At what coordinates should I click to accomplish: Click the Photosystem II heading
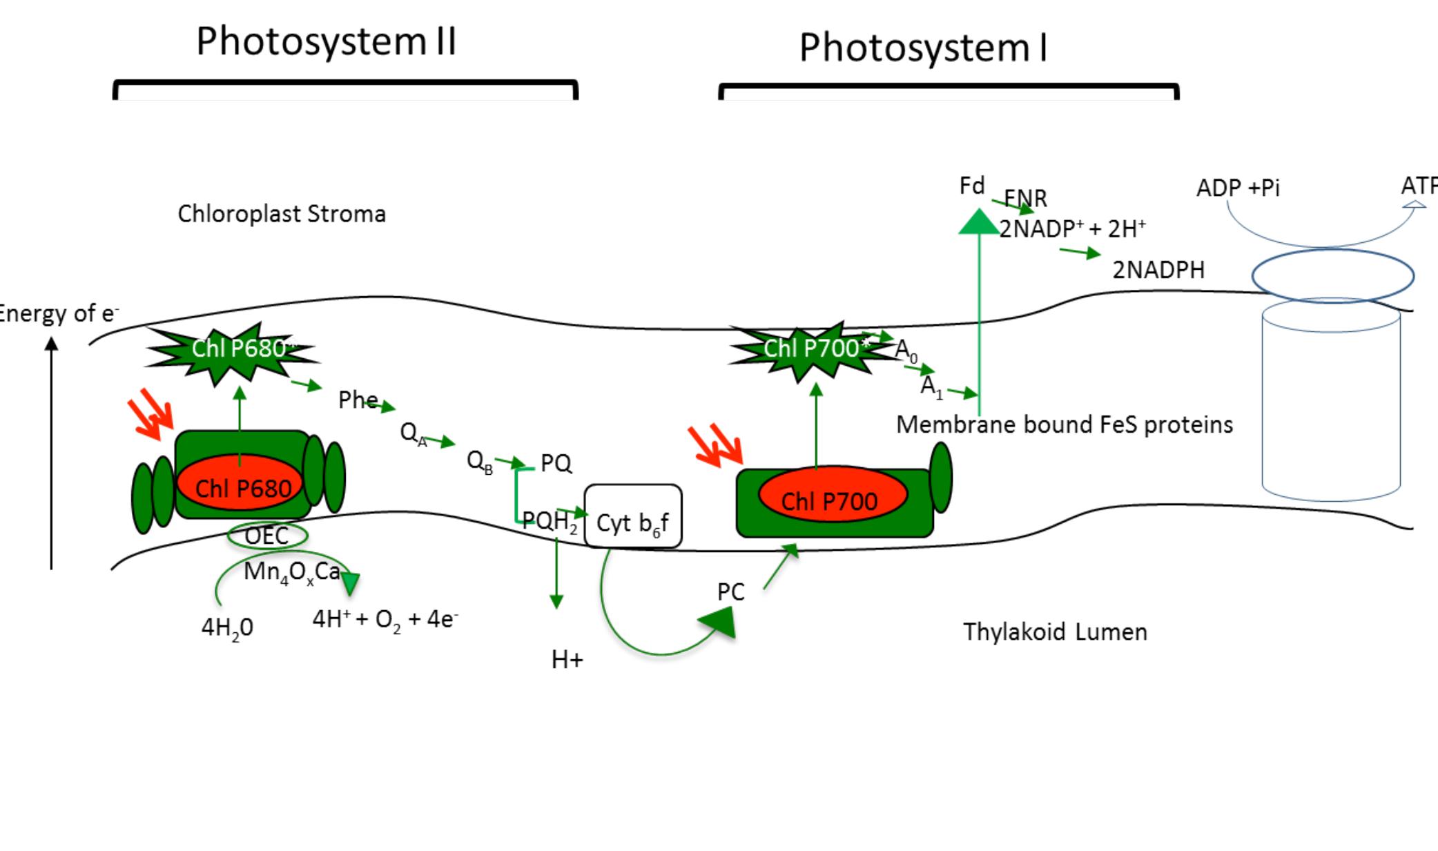coord(326,41)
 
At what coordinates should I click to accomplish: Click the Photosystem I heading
coord(923,48)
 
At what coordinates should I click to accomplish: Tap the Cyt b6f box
coord(633,517)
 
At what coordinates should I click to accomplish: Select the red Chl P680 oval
coord(240,483)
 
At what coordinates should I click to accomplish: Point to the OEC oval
coord(267,536)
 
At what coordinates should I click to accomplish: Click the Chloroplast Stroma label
coord(282,214)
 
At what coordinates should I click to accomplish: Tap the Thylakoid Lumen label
coord(1055,632)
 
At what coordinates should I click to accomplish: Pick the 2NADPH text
coord(1158,270)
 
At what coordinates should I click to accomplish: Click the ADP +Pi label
coord(1238,188)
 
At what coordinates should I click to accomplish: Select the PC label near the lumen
coord(730,592)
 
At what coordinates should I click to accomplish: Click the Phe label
coord(358,400)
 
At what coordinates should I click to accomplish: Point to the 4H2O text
coord(227,628)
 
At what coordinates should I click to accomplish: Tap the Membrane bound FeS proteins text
coord(1064,424)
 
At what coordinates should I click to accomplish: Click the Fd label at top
coord(971,186)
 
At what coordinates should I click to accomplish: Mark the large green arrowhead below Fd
coord(978,222)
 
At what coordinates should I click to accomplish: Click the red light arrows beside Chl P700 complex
coord(715,444)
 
